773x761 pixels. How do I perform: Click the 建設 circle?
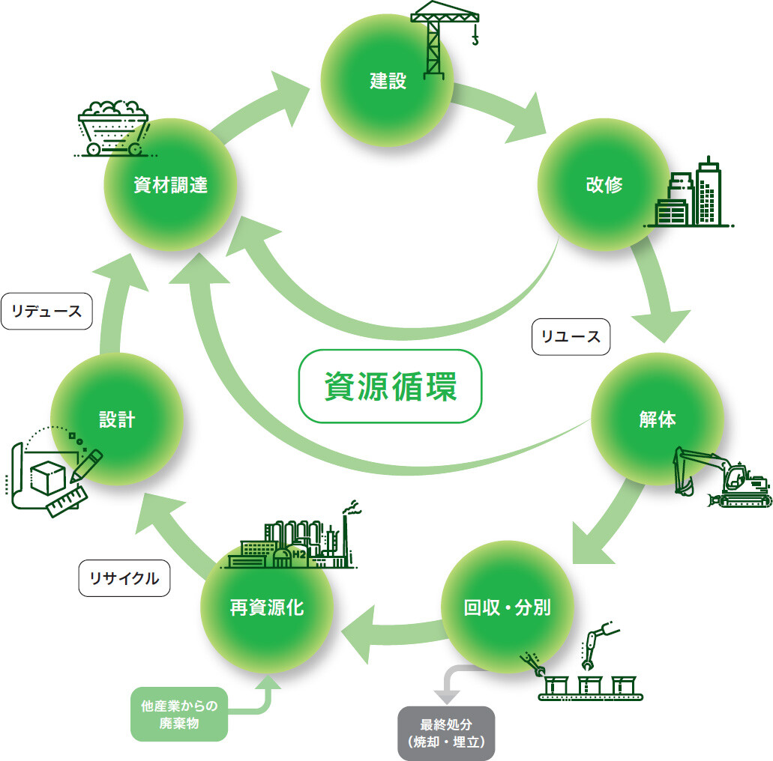(x=387, y=80)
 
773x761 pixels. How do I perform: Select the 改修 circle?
(x=604, y=185)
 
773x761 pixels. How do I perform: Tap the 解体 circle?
(x=657, y=419)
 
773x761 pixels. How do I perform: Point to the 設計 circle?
(x=117, y=419)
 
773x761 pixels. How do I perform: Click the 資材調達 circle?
(x=170, y=185)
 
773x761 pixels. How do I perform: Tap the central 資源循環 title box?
(x=390, y=386)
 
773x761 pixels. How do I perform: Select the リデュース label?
(x=46, y=311)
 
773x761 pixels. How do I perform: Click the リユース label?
(x=571, y=336)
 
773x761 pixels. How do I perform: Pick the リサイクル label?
(x=124, y=578)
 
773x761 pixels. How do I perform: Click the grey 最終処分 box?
(x=446, y=733)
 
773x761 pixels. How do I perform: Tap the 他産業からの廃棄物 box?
(x=179, y=714)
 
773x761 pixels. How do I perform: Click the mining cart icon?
(x=112, y=127)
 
